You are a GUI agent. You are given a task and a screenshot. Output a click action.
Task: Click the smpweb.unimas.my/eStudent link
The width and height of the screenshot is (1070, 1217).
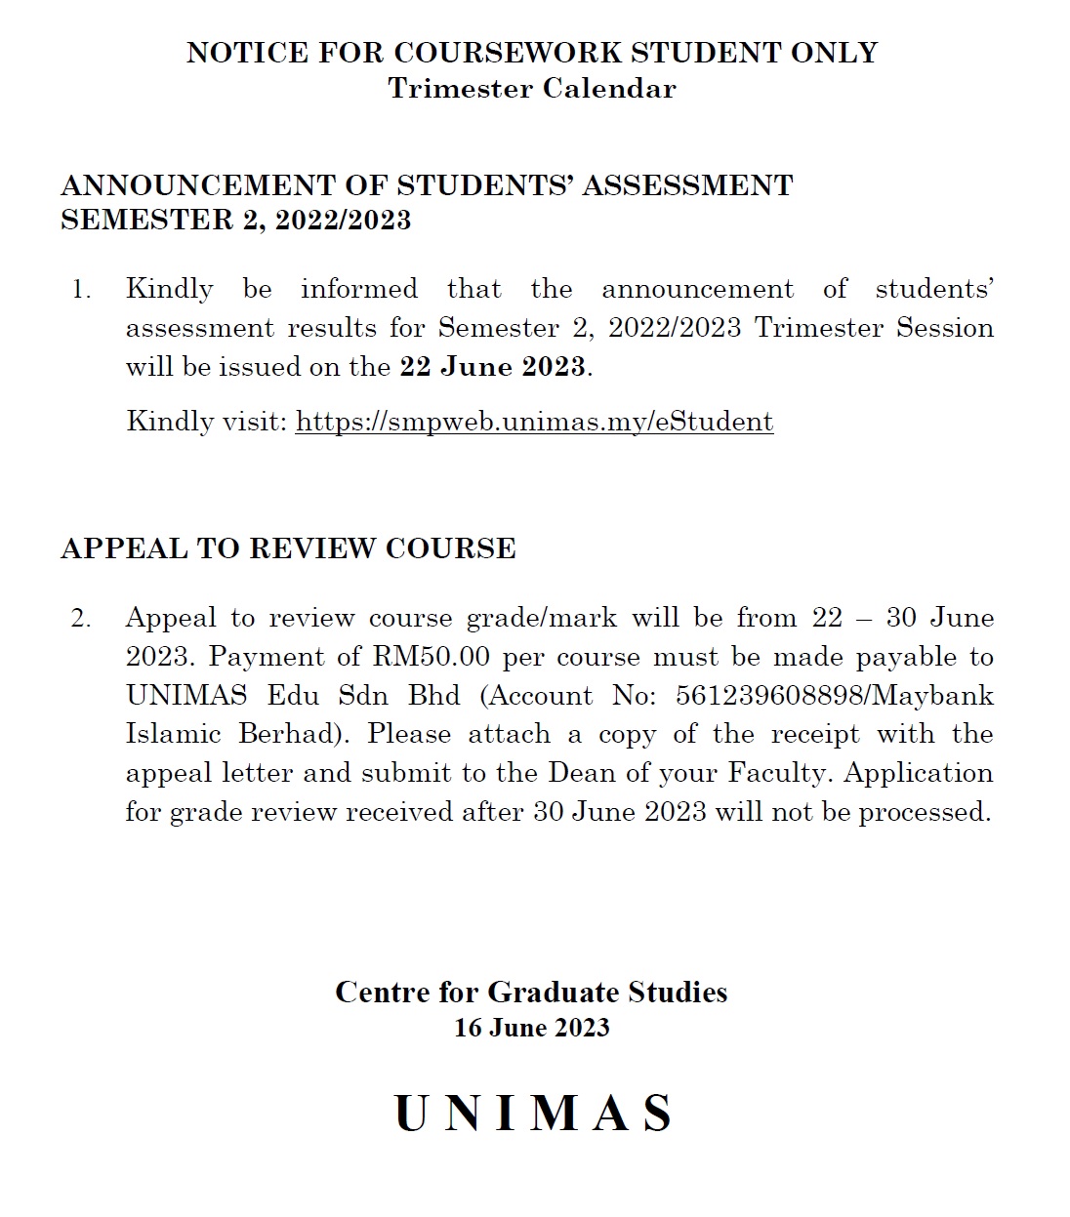[x=534, y=422]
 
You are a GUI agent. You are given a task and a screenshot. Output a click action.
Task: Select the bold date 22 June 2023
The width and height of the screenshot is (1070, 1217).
[x=492, y=367]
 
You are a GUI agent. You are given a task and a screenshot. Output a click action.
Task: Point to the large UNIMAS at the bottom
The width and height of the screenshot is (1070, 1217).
[x=534, y=1114]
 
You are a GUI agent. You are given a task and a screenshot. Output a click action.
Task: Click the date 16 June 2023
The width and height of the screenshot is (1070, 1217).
[x=532, y=1028]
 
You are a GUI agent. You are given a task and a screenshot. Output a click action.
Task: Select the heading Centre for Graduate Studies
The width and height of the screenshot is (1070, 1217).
[x=531, y=993]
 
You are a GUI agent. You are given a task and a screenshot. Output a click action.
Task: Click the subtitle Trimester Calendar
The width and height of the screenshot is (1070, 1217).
[x=532, y=89]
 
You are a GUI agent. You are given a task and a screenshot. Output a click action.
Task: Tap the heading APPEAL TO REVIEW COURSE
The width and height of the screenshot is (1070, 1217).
[x=288, y=548]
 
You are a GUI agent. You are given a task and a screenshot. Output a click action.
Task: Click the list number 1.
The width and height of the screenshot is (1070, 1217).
[x=80, y=290]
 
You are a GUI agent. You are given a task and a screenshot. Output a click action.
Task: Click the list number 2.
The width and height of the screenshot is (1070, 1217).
[x=80, y=618]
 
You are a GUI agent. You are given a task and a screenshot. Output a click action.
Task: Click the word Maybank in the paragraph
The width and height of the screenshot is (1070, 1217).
[x=940, y=696]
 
